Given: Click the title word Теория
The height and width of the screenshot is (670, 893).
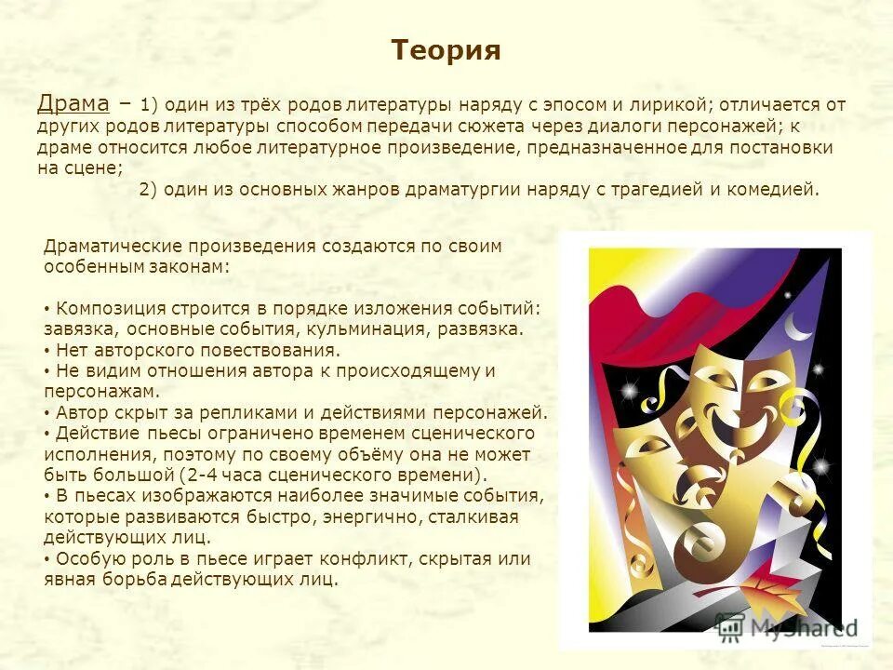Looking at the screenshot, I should pos(446,50).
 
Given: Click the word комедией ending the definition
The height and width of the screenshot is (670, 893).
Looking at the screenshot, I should pos(778,189).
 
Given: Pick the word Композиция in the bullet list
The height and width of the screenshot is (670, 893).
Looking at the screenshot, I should pos(112,308).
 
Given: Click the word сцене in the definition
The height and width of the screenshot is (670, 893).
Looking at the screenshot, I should pos(90,167).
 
